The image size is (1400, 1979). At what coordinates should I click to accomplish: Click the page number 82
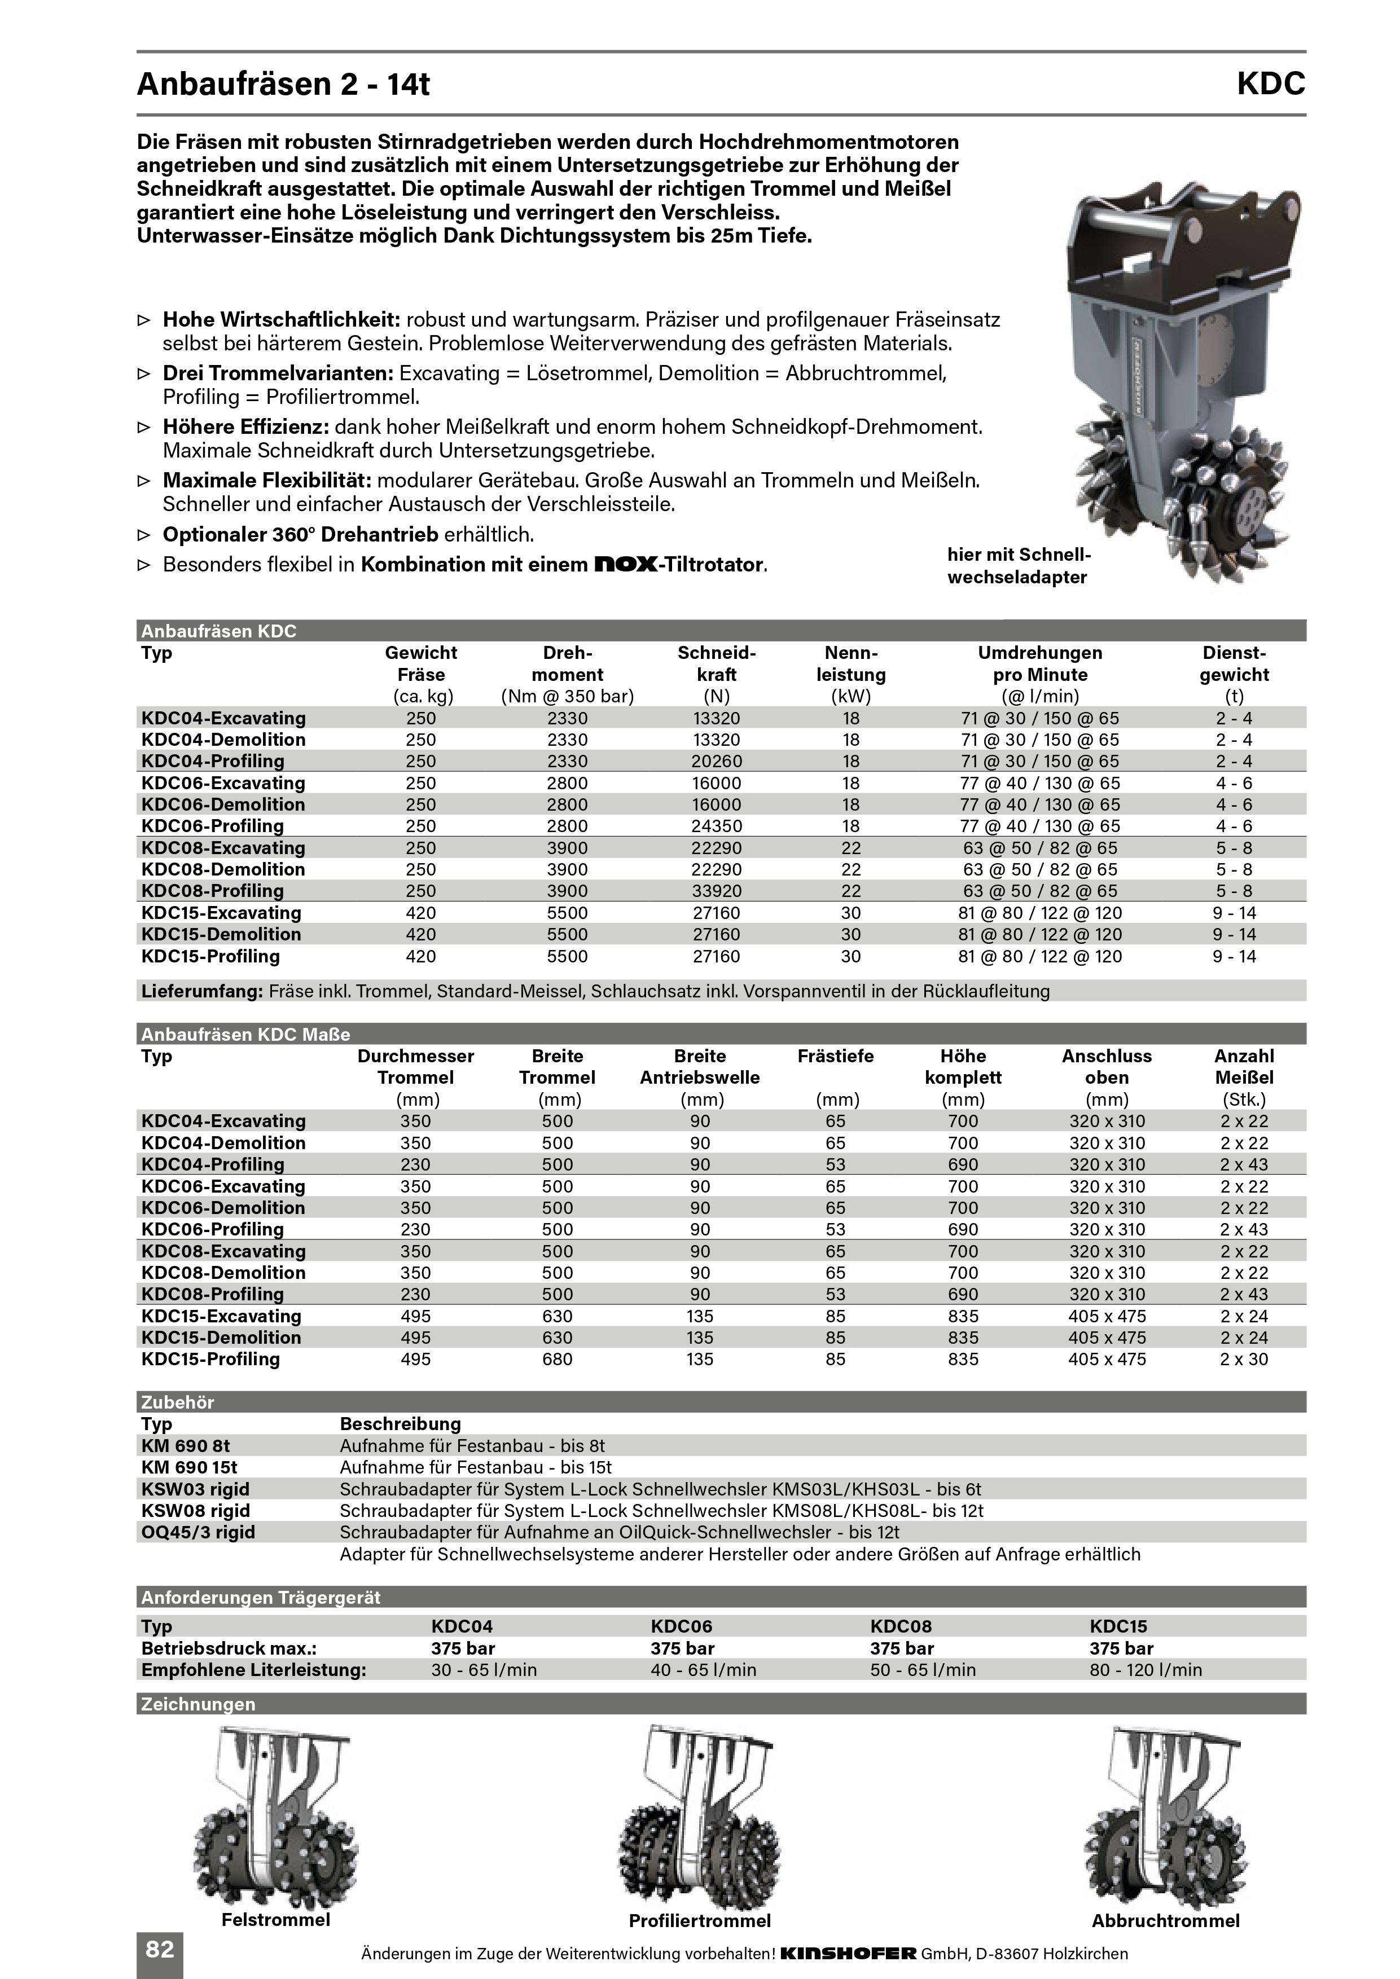160,1949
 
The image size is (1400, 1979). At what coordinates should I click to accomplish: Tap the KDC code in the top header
1271,83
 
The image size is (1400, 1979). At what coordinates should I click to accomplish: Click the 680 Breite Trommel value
557,1359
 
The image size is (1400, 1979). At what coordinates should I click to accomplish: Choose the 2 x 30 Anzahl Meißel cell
1243,1359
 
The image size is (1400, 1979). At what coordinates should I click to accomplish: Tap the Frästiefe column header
835,1056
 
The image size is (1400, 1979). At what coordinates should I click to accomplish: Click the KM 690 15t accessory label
189,1467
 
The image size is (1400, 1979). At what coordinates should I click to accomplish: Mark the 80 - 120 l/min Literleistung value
1145,1669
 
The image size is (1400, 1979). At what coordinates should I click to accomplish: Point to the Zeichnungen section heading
198,1704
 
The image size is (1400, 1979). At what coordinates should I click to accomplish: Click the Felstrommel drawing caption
276,1920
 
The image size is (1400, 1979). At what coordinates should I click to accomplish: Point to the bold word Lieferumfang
201,991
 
